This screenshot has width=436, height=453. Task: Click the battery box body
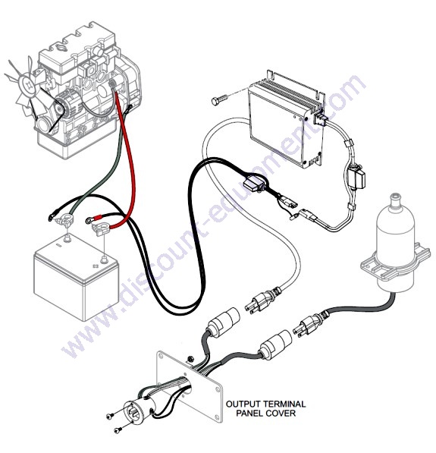tap(77, 277)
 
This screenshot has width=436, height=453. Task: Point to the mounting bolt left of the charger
tap(219, 100)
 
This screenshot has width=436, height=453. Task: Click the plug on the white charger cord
tap(260, 301)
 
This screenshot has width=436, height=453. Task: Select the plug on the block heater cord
tap(308, 323)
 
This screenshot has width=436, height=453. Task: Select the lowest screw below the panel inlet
tap(118, 430)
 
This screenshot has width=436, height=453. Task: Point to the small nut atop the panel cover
tap(190, 359)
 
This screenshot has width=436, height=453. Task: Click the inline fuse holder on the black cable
tap(254, 184)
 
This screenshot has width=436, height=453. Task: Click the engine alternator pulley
tap(60, 109)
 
